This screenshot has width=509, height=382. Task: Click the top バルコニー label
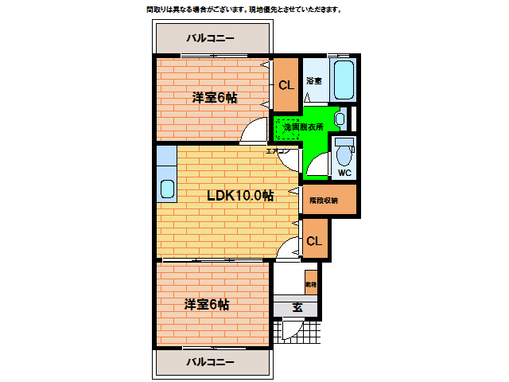coord(211,37)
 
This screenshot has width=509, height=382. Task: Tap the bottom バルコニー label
coord(211,362)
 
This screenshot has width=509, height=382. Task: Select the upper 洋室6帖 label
coord(214,98)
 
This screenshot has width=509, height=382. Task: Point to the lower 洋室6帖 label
coord(208,304)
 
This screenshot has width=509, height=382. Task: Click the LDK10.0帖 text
coord(240,195)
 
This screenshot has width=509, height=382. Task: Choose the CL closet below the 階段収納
coord(313,241)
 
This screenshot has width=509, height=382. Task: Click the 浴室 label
coord(313,80)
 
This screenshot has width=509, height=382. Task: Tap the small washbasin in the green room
coord(340,119)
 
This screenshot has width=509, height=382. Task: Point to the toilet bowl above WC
coord(344,151)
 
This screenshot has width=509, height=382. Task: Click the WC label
coord(344,173)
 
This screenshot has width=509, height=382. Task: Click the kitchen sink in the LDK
coord(167,189)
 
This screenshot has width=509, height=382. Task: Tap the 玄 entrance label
coord(297,308)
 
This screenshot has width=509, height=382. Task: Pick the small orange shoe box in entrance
coord(310,282)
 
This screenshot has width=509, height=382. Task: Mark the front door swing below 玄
coord(288,330)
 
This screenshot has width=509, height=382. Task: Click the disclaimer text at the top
coord(243,10)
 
